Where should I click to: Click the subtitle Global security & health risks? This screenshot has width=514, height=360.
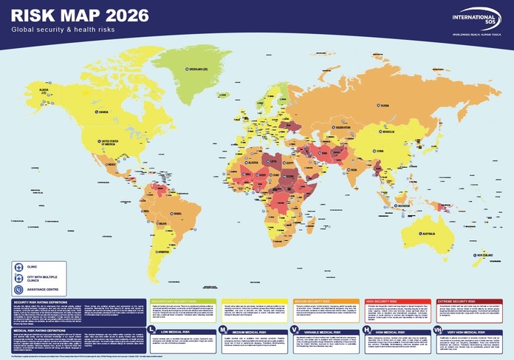pos(63,29)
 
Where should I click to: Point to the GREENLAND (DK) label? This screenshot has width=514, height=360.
pos(196,71)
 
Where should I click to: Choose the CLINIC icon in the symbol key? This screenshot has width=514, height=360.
pos(20,266)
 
